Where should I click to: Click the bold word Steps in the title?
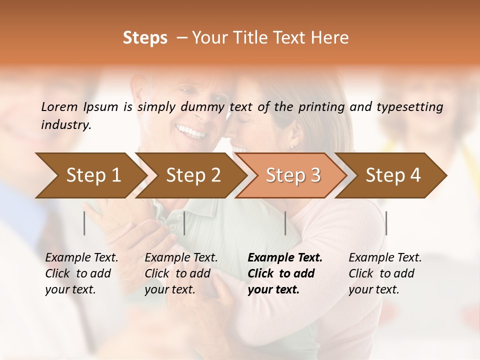coord(145,38)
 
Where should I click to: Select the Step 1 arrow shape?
coord(90,175)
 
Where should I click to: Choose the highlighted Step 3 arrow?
coord(292,175)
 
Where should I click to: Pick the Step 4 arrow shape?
coord(392,175)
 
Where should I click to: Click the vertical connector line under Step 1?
coord(84,223)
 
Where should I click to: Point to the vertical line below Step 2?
coord(184,223)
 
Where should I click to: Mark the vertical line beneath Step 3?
coord(285,223)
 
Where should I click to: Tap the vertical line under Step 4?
coord(386,223)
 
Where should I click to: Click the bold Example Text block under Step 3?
coord(284,273)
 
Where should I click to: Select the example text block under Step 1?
coord(81,273)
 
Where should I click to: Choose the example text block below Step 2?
coord(181,273)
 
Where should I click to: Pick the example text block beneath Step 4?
coord(385,273)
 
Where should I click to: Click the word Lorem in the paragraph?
coord(59,107)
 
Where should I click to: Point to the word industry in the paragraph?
coord(65,125)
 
